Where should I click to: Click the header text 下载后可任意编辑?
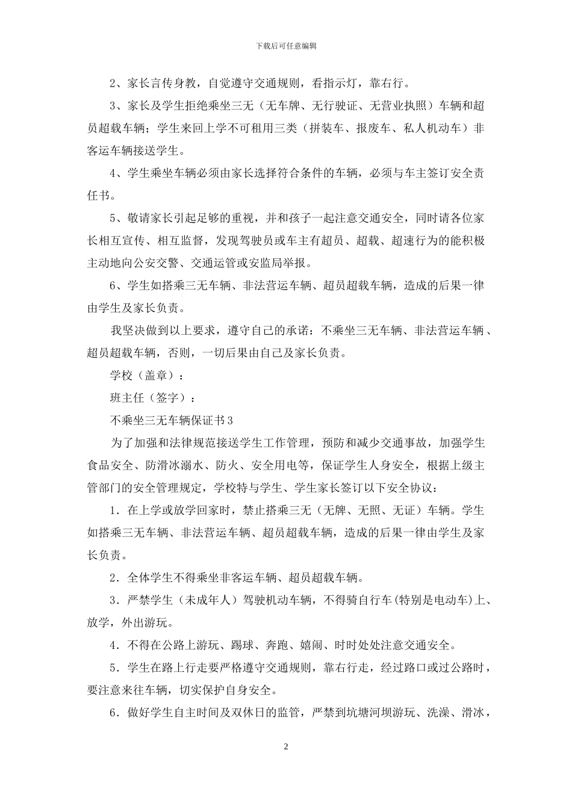pos(286,46)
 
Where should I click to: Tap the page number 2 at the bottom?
pos(286,747)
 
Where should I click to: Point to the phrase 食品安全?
pos(110,465)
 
